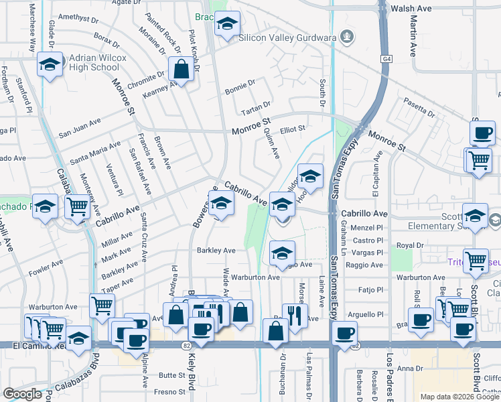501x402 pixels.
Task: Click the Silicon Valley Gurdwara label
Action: click(288, 38)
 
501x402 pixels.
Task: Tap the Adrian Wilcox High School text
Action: click(94, 63)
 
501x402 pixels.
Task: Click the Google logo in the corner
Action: click(22, 393)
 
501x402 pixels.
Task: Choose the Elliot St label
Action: click(293, 128)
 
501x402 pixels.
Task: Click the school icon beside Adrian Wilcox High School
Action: click(50, 65)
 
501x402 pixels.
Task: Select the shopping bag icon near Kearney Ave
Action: click(181, 68)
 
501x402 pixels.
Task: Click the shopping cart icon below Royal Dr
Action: click(476, 261)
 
